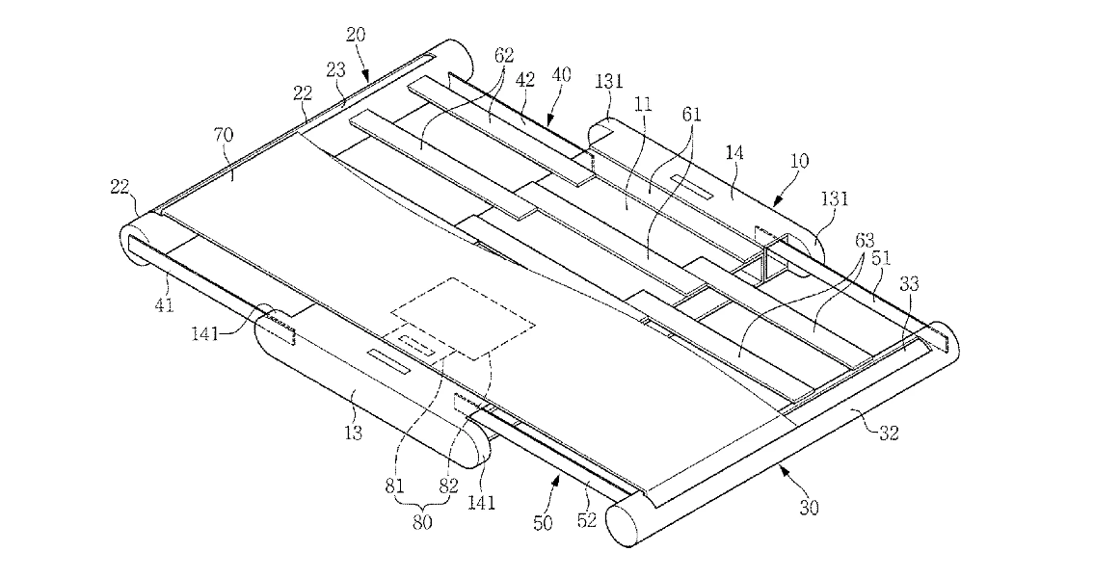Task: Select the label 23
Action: [335, 70]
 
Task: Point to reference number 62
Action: [504, 54]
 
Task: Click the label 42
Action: [525, 80]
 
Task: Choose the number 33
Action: [909, 285]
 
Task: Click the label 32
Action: [889, 433]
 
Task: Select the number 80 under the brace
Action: [421, 522]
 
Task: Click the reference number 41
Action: [164, 305]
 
